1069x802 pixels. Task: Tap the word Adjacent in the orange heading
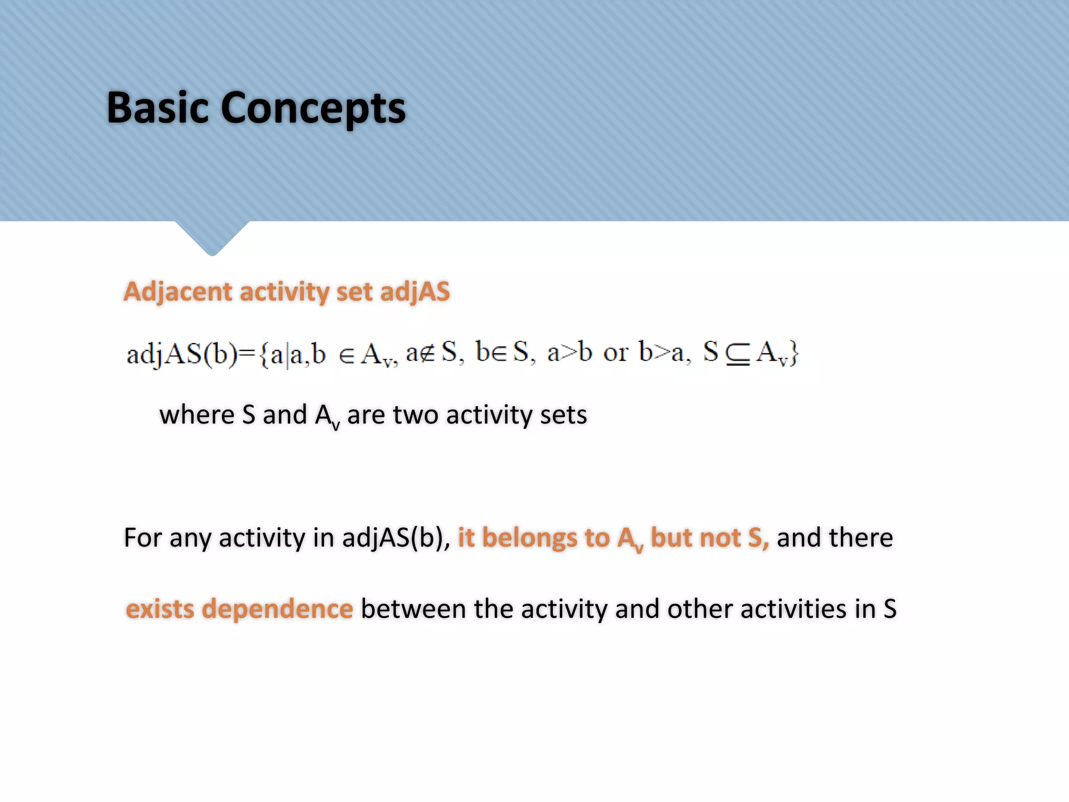point(177,291)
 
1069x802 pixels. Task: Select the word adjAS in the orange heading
point(414,291)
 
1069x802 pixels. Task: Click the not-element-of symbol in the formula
point(427,353)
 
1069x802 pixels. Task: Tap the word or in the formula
point(615,353)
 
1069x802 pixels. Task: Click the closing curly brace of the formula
point(793,354)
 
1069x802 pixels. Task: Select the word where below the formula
point(197,415)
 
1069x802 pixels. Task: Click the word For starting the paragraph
point(142,538)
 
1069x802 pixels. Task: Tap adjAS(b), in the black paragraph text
point(396,538)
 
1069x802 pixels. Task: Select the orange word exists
point(160,609)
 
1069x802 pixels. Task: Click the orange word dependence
point(277,609)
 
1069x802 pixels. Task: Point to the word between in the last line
point(413,609)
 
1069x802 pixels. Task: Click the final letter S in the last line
point(889,609)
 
